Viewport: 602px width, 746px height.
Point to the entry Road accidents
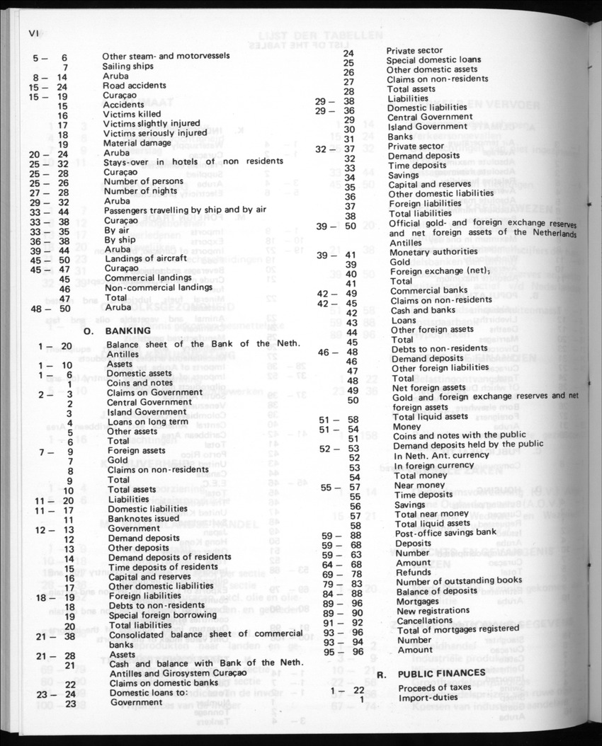(x=135, y=86)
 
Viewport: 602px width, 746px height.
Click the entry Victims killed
(x=132, y=114)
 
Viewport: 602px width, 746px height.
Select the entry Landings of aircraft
(x=145, y=258)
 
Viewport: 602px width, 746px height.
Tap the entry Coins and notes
(x=140, y=383)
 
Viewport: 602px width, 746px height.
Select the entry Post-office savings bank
(x=445, y=533)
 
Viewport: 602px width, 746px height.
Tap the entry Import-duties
(x=429, y=699)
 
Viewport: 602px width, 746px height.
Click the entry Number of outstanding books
(x=459, y=580)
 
